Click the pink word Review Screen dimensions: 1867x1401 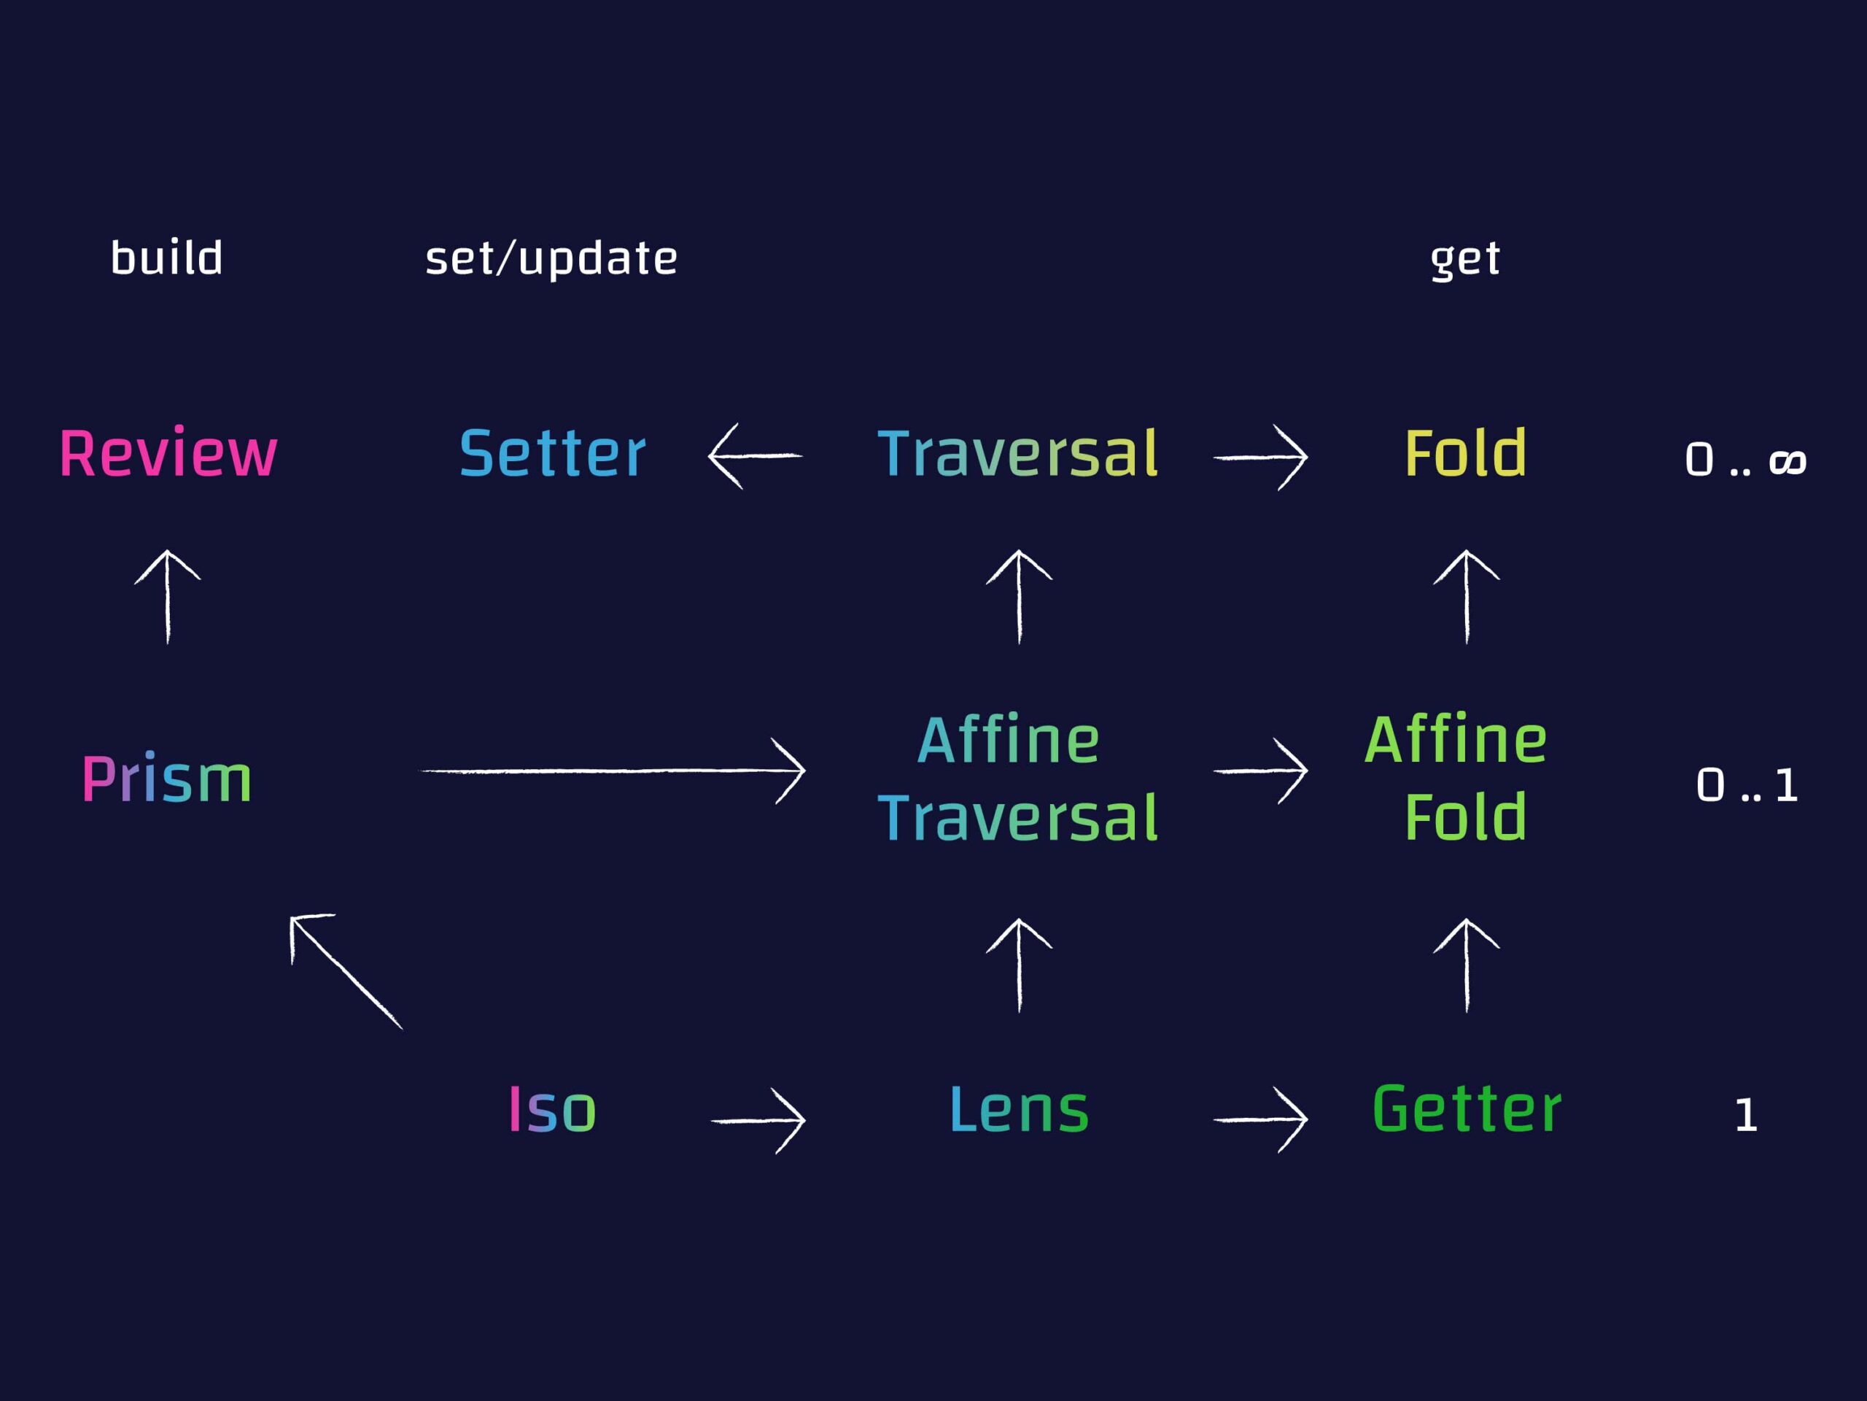tap(168, 453)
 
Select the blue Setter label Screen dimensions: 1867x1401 tap(553, 453)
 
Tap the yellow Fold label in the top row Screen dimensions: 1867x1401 tap(1465, 453)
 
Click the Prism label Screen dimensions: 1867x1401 tap(167, 778)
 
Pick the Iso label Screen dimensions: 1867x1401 tap(553, 1109)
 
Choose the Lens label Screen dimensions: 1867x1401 tap(1020, 1109)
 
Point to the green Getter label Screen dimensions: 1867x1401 tap(1467, 1109)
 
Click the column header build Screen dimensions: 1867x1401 tap(167, 258)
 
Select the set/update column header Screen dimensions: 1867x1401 tap(551, 258)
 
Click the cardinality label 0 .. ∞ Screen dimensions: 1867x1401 tap(1745, 460)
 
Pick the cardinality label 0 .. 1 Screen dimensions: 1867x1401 tap(1747, 785)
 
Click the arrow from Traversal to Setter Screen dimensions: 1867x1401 tap(755, 456)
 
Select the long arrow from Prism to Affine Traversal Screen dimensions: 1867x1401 tap(613, 770)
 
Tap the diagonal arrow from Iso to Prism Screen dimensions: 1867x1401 tap(346, 971)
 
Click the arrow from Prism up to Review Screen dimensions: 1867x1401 tap(167, 596)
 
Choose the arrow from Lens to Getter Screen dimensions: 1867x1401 tap(1261, 1120)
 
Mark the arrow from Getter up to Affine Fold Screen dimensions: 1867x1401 tap(1467, 965)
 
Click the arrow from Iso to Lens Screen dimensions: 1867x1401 tap(758, 1121)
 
